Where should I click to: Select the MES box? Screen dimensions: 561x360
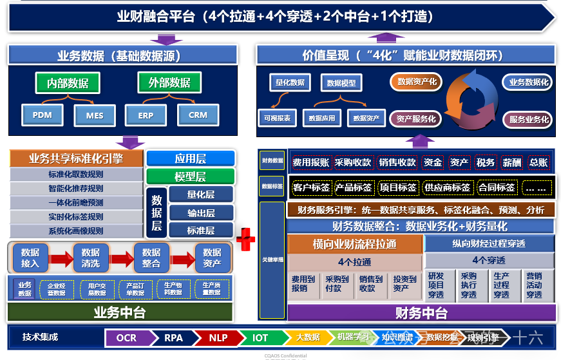pyautogui.click(x=94, y=116)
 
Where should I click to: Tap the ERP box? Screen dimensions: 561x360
pyautogui.click(x=146, y=116)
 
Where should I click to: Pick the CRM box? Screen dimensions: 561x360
pyautogui.click(x=198, y=115)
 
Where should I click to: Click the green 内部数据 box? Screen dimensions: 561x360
pyautogui.click(x=68, y=82)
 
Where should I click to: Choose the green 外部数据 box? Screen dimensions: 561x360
pyautogui.click(x=169, y=82)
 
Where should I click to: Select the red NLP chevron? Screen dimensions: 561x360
pyautogui.click(x=218, y=337)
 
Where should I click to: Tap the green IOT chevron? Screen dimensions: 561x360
pyautogui.click(x=260, y=337)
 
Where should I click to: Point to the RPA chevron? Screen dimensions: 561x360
pyautogui.click(x=173, y=337)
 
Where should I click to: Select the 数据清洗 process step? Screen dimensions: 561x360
pyautogui.click(x=91, y=258)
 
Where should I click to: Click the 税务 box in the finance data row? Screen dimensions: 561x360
pyautogui.click(x=486, y=162)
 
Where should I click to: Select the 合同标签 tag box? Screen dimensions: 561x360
pyautogui.click(x=497, y=187)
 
